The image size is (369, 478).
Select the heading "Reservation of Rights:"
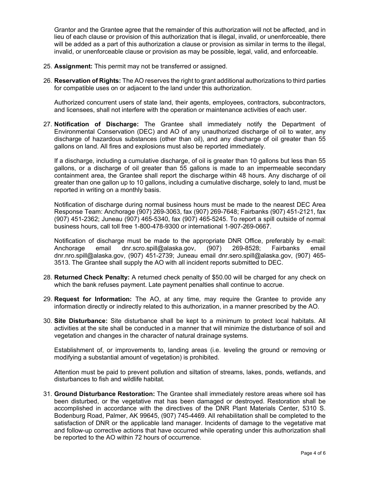(87, 81)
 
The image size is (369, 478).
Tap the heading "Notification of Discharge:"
(96, 124)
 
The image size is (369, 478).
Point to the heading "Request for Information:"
(93, 299)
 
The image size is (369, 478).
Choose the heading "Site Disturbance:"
(80, 321)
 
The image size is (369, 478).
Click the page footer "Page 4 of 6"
(313, 453)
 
